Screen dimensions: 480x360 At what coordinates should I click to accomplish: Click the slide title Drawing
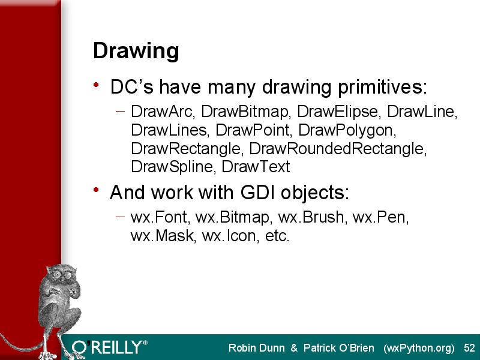coord(136,51)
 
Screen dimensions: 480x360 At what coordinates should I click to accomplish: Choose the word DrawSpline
coord(172,167)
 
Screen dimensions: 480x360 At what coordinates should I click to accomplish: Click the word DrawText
coord(256,167)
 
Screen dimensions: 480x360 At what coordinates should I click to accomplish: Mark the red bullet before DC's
coord(97,85)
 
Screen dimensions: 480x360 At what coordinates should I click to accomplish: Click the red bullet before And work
coord(97,190)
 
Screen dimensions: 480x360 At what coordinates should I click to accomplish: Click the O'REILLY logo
coord(110,348)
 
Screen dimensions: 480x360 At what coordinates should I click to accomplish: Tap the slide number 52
coord(469,348)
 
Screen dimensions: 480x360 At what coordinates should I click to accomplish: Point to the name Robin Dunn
coord(257,348)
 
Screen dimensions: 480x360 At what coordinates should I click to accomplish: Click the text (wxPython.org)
coord(419,349)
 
